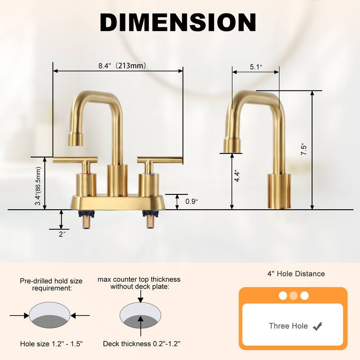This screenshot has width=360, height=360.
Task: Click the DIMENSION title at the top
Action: pos(178,22)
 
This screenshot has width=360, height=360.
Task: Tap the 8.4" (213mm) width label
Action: pos(122,66)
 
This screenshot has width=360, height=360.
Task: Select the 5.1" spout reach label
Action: pos(256,67)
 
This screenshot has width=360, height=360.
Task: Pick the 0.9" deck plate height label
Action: pos(191,202)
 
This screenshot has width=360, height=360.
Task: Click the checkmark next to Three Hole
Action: pos(318,326)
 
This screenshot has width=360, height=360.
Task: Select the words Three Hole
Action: pos(288,326)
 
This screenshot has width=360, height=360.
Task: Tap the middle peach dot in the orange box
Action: pos(293,296)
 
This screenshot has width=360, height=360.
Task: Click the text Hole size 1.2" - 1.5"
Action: pos(51,344)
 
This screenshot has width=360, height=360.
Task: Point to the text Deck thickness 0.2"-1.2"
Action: pos(142,344)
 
